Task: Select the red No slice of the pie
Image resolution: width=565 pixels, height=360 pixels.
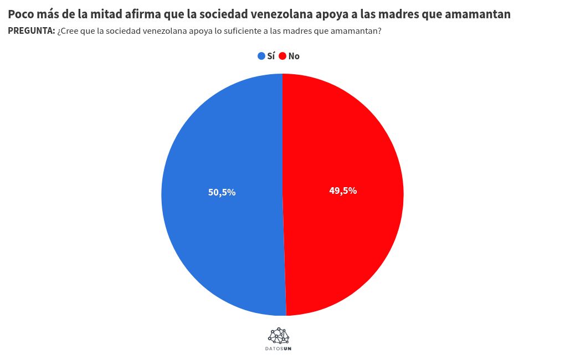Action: point(343,233)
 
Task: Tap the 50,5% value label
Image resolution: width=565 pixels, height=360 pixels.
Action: point(222,193)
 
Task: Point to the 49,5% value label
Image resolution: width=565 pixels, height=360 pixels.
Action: point(343,191)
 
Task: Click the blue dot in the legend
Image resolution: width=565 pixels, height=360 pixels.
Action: point(261,56)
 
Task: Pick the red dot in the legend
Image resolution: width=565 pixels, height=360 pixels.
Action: point(282,56)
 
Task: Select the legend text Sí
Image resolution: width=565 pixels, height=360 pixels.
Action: point(271,56)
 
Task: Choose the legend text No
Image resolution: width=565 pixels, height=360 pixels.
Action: point(294,56)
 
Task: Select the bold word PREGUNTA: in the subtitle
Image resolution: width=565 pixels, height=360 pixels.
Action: point(32,32)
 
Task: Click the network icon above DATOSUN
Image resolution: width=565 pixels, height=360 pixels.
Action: point(279,336)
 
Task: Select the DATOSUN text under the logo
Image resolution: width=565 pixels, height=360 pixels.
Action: point(279,349)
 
